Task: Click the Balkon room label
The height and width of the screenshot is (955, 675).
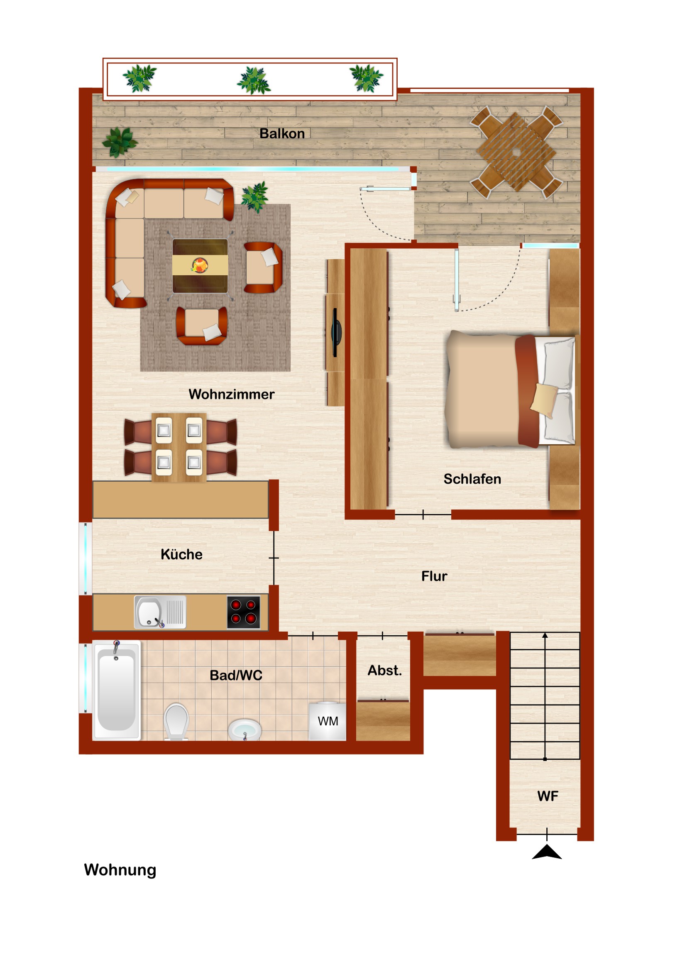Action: [282, 134]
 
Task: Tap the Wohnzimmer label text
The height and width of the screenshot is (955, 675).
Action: [232, 394]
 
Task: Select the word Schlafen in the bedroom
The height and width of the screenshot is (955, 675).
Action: [472, 479]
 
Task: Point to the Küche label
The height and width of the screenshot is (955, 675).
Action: [181, 554]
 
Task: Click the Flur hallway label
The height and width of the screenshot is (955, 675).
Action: [434, 576]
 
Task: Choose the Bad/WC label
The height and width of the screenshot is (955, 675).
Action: [236, 675]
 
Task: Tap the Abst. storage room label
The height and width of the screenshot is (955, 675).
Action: [385, 671]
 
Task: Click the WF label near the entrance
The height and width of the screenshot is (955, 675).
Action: [547, 796]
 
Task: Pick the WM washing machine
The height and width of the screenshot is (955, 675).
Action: [327, 721]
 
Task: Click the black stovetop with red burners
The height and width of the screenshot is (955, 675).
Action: [243, 612]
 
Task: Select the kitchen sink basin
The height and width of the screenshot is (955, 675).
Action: [149, 612]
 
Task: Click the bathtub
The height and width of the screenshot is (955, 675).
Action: [117, 691]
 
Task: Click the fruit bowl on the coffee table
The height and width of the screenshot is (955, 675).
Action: [200, 265]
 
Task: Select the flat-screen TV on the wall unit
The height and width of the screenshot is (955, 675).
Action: [336, 333]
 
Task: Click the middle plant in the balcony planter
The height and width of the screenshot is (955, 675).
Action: [254, 80]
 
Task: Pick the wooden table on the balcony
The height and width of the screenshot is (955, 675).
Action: [516, 152]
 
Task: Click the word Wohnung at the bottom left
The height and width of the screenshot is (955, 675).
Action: [120, 870]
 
